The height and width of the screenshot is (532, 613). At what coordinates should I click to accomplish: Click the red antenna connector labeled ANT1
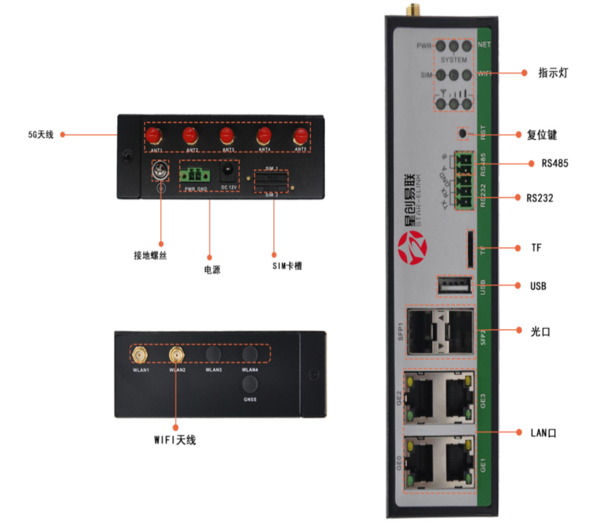[153, 136]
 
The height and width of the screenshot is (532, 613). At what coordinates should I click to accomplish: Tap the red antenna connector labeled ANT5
[300, 136]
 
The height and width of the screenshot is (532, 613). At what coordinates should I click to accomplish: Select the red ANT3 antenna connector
[227, 136]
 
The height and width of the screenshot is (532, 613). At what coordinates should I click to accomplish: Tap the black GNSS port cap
[249, 384]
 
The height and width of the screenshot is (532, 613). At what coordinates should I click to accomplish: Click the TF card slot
[469, 248]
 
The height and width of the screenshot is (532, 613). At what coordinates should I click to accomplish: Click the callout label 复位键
[542, 135]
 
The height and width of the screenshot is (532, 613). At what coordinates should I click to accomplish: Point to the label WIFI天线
[175, 439]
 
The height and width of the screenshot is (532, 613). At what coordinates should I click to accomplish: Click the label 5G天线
[41, 135]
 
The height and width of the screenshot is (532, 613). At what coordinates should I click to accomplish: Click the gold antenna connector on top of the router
[409, 9]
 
